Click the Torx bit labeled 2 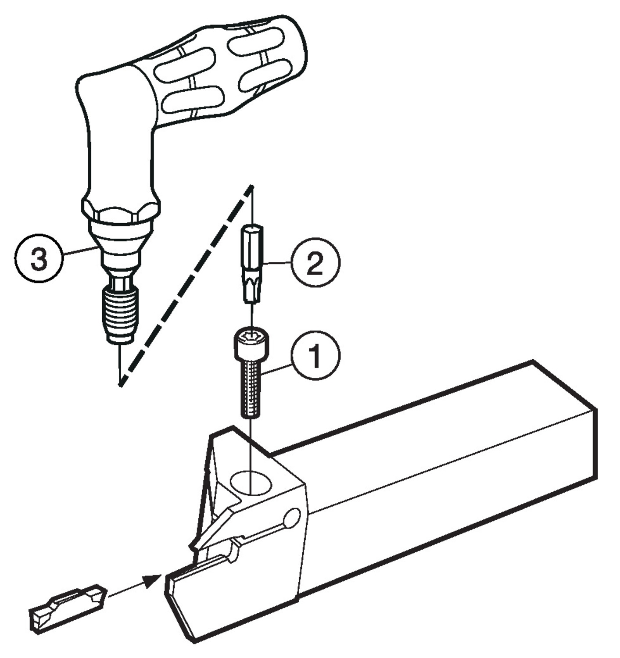tap(252, 263)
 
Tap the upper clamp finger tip tap(194, 546)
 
